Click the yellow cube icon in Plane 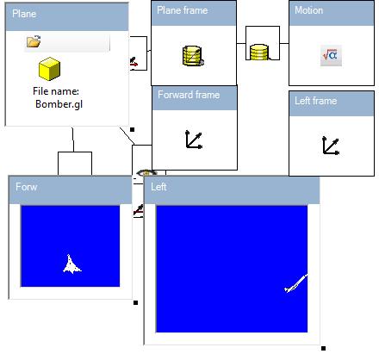pyautogui.click(x=49, y=69)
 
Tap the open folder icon pyautogui.click(x=34, y=41)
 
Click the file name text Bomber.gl pyautogui.click(x=59, y=104)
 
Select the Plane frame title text pyautogui.click(x=182, y=10)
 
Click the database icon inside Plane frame pyautogui.click(x=193, y=56)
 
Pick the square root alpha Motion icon pyautogui.click(x=331, y=55)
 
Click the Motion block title pyautogui.click(x=308, y=10)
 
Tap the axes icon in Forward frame pyautogui.click(x=194, y=140)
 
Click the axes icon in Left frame pyautogui.click(x=331, y=146)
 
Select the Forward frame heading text pyautogui.click(x=189, y=95)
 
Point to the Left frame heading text pyautogui.click(x=315, y=101)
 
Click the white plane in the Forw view pyautogui.click(x=71, y=264)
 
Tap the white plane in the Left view pyautogui.click(x=295, y=283)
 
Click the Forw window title pyautogui.click(x=26, y=187)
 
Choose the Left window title pyautogui.click(x=158, y=187)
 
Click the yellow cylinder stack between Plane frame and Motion pyautogui.click(x=259, y=53)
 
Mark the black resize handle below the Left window pyautogui.click(x=323, y=349)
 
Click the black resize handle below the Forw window pyautogui.click(x=136, y=302)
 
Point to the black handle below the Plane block pyautogui.click(x=133, y=130)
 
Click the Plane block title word pyautogui.click(x=24, y=14)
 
